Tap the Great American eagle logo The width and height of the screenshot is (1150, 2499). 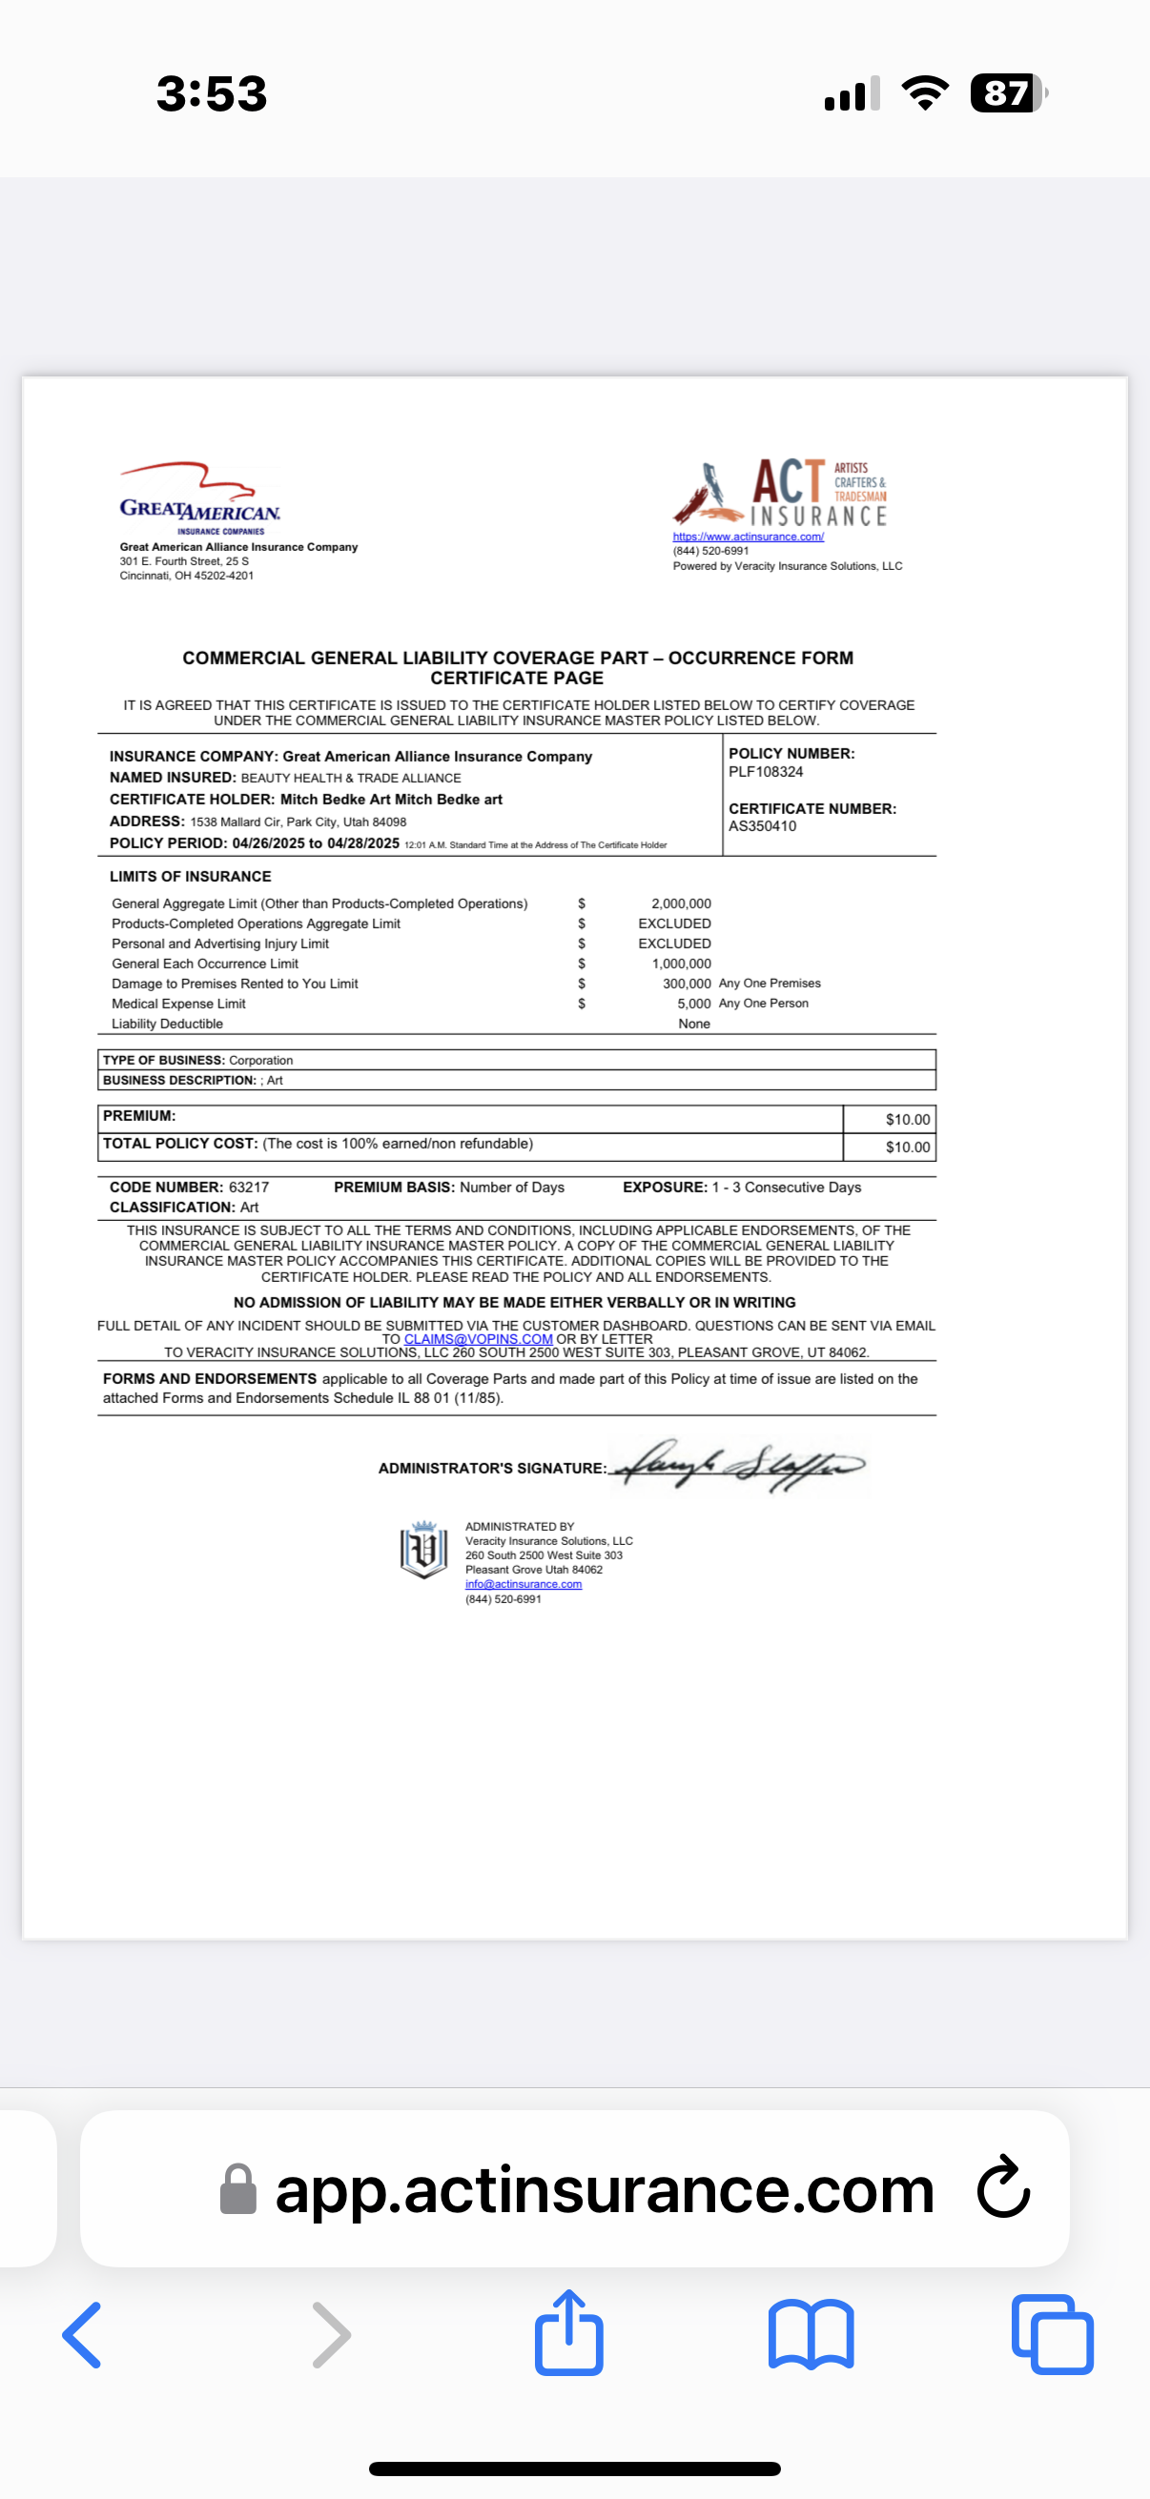199,498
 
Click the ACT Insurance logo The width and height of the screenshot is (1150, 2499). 781,493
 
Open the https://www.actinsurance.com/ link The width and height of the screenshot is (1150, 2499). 749,537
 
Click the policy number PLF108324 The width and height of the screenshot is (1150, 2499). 766,772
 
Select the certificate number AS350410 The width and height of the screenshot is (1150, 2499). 763,826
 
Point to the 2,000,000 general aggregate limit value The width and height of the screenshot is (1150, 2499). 680,904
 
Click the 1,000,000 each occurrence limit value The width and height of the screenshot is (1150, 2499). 681,964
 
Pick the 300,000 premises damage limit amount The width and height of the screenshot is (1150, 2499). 687,984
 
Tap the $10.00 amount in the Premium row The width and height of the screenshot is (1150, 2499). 908,1120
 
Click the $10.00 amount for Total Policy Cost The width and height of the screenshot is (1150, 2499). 908,1147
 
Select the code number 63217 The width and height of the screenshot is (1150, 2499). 249,1188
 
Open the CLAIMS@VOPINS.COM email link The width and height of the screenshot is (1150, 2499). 479,1339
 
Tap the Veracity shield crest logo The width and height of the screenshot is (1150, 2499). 424,1550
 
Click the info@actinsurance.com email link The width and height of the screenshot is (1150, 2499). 524,1584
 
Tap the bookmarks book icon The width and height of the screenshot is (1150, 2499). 811,2335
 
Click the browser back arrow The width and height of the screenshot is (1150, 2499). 83,2335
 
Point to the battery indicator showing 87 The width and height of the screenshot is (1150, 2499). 1007,93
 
